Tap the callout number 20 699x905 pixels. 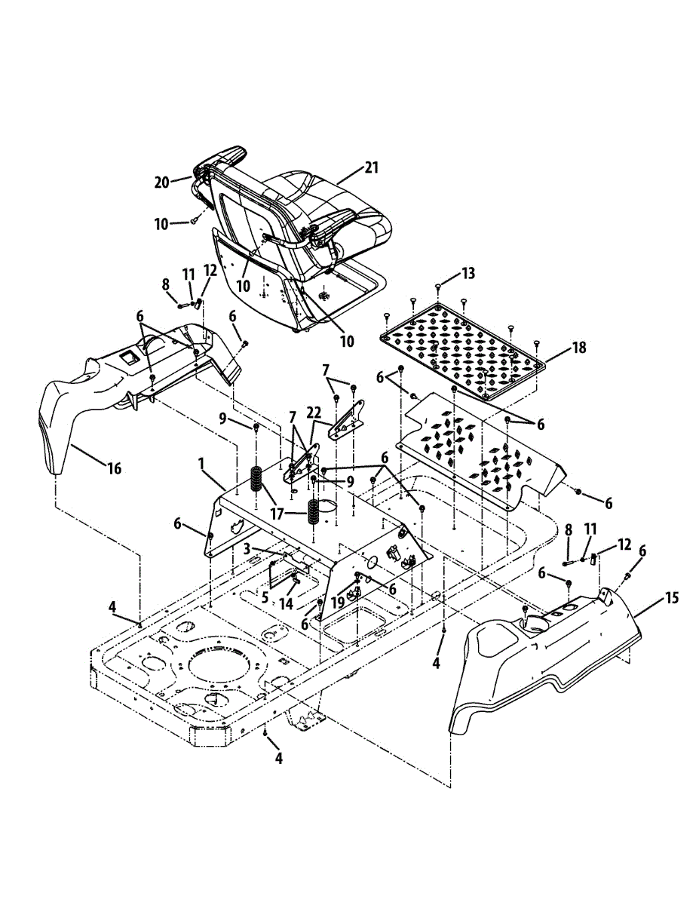(162, 183)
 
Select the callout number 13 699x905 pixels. (469, 273)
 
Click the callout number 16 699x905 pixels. (114, 469)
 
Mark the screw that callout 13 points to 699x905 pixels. (439, 287)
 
